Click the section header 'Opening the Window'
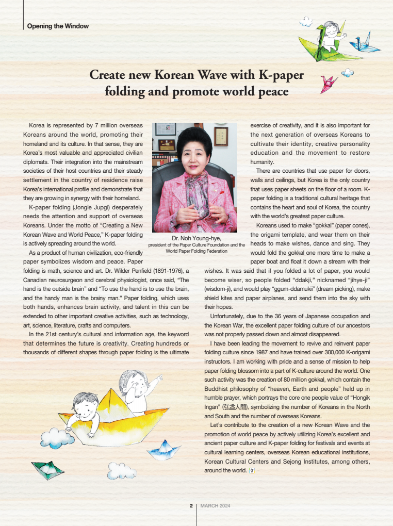58,26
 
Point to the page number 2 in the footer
191,505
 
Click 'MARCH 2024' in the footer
216,505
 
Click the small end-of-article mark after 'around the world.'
252,470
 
